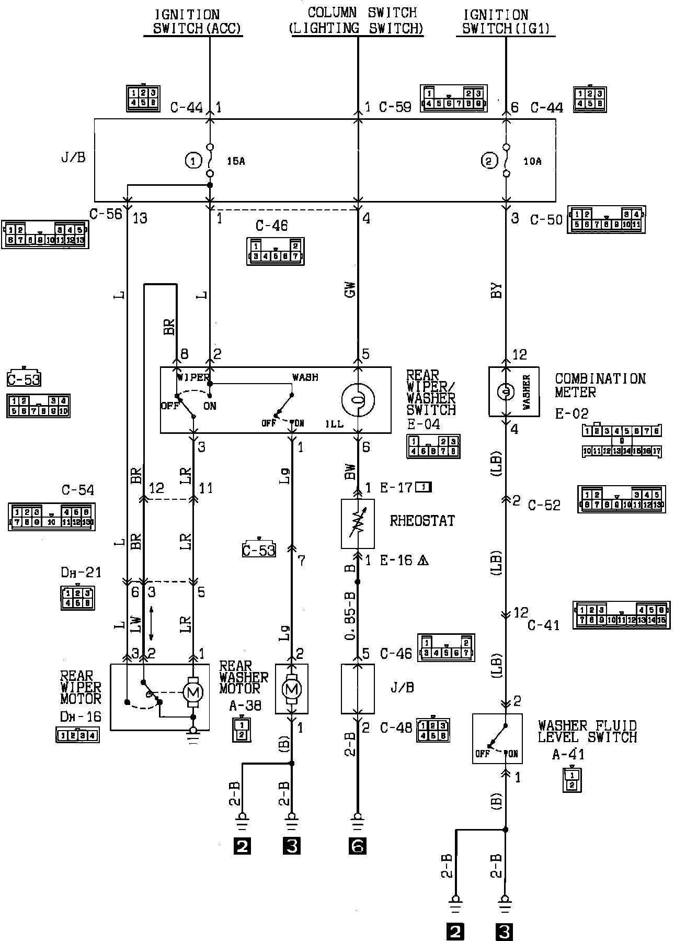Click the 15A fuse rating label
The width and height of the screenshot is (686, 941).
point(236,161)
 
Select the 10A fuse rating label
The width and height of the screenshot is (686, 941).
point(532,161)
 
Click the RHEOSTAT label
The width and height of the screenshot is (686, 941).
point(422,521)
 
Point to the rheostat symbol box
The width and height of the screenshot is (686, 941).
point(358,524)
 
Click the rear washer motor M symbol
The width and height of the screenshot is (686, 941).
point(292,689)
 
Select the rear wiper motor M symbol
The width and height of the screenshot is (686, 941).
point(193,693)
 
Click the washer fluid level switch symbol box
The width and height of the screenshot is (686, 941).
point(497,738)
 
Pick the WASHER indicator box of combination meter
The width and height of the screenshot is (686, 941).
point(513,391)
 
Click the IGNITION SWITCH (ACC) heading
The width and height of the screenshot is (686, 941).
point(193,21)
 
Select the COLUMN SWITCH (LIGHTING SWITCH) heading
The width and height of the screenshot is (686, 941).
point(357,20)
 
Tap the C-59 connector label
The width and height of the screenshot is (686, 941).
point(395,107)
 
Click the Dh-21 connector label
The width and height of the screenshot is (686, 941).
point(81,573)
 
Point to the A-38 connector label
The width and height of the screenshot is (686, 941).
point(245,706)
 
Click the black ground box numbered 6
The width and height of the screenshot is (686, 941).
point(357,846)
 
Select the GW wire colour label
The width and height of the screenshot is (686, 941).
point(350,289)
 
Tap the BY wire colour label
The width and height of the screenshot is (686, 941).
point(497,290)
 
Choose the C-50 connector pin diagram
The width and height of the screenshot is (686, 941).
point(607,220)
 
